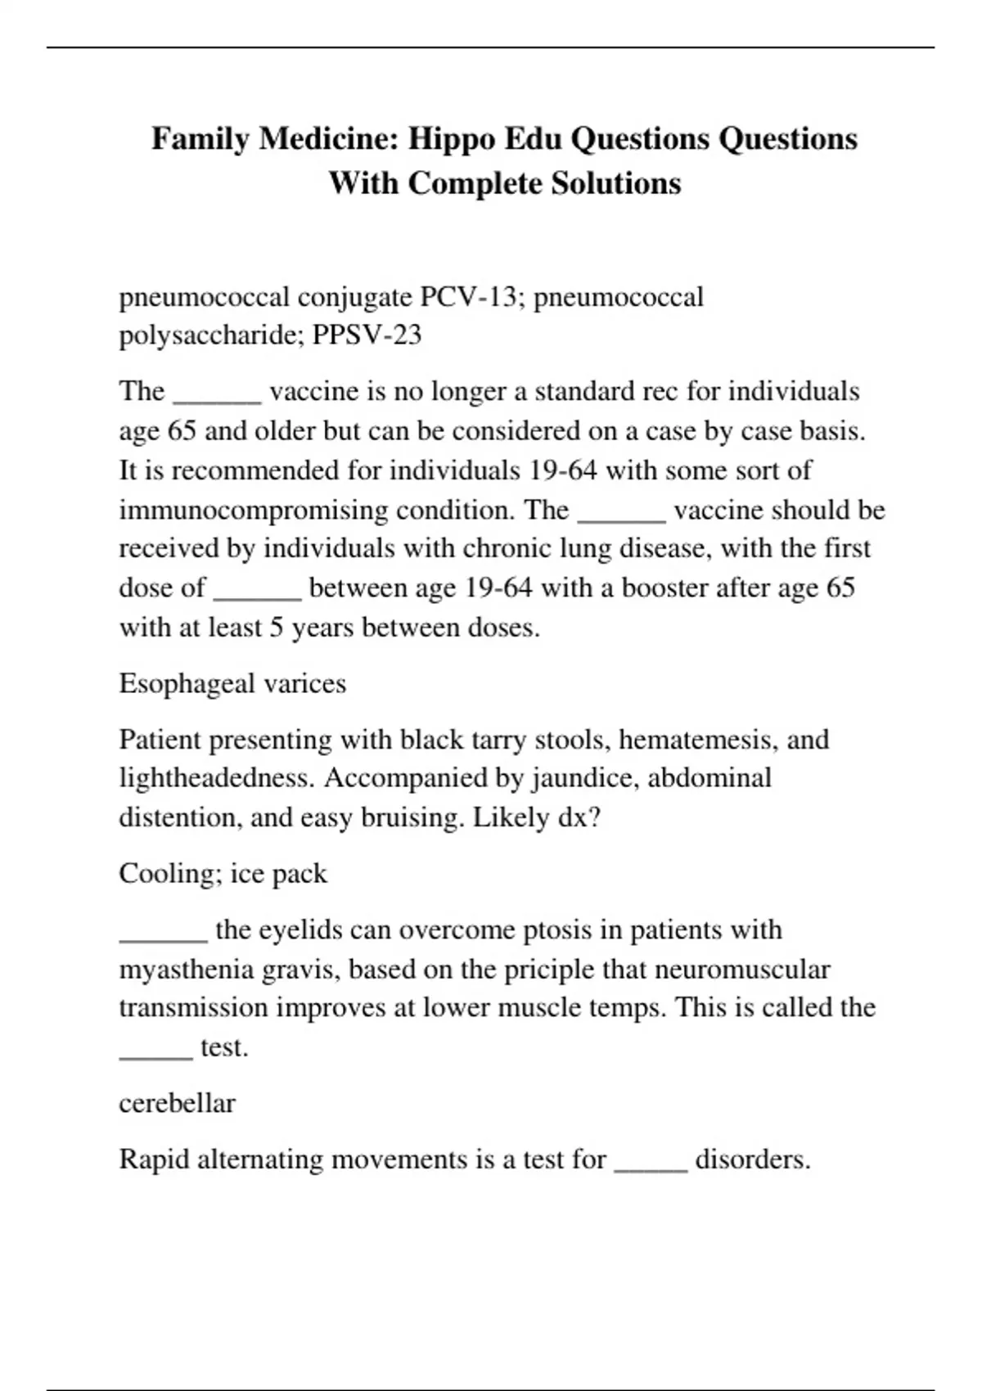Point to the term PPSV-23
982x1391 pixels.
pyautogui.click(x=367, y=335)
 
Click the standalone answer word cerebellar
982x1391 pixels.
pyautogui.click(x=177, y=1103)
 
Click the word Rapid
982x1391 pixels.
pyautogui.click(x=154, y=1159)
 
